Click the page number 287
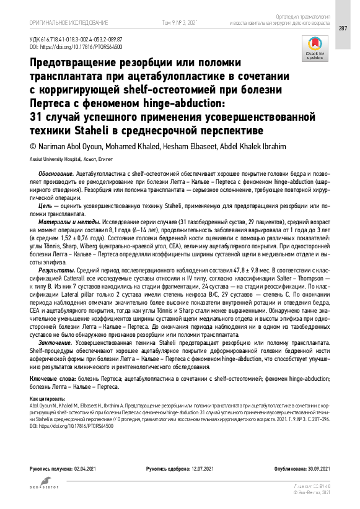pyautogui.click(x=343, y=28)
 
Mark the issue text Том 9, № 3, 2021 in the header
pyautogui.click(x=179, y=22)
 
